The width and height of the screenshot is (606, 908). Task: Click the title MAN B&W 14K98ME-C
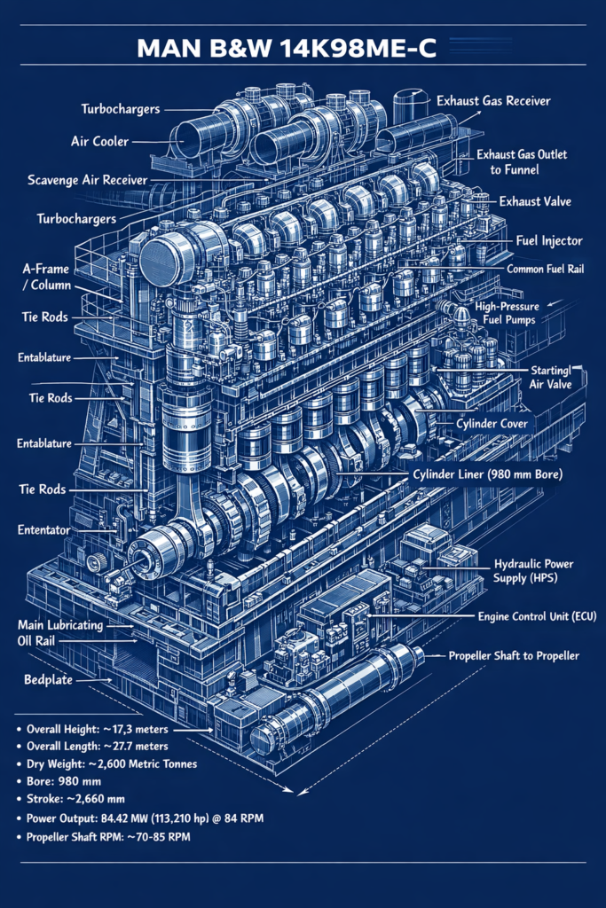(287, 48)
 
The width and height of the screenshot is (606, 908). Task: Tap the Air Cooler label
(99, 141)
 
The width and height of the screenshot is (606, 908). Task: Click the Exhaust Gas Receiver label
(493, 101)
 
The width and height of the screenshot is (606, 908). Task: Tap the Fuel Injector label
(549, 240)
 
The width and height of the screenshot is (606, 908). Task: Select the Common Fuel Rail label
(545, 268)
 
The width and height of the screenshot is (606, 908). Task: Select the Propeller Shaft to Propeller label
(514, 655)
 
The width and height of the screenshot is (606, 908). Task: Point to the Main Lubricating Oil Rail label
(60, 632)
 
